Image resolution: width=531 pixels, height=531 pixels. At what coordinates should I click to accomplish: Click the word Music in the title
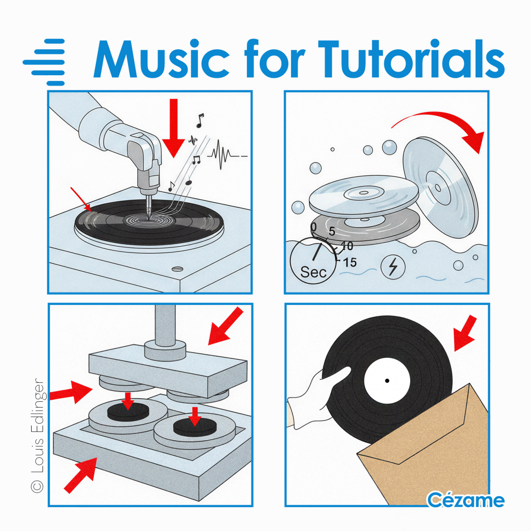pos(162,59)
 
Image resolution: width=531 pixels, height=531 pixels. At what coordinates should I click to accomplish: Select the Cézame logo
pos(466,500)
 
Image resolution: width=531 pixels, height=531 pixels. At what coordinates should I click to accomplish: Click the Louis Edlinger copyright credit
pos(37,436)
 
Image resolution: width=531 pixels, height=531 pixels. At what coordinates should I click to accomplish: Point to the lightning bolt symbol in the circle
pos(393,267)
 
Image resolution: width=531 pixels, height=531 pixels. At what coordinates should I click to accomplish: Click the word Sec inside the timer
pos(313,272)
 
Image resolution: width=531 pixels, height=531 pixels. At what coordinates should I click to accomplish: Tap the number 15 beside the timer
pos(350,262)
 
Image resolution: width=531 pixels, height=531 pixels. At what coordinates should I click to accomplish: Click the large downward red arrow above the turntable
pos(173,128)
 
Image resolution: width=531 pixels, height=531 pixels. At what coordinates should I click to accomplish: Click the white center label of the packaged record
pos(387,381)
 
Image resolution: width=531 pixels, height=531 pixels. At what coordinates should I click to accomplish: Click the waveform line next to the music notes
pos(227,155)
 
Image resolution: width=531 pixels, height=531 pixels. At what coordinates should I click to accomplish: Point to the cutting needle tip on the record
pos(149,219)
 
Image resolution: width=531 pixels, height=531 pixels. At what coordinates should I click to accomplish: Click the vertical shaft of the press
pos(165,326)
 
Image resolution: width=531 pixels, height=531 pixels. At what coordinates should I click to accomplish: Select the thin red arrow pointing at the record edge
pos(80,199)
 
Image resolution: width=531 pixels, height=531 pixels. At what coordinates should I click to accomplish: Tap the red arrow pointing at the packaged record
pos(465,333)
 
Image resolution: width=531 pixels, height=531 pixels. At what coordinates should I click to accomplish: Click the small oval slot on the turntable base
pos(177,269)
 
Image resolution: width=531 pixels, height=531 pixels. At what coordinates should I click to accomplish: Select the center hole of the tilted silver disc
pos(438,188)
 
